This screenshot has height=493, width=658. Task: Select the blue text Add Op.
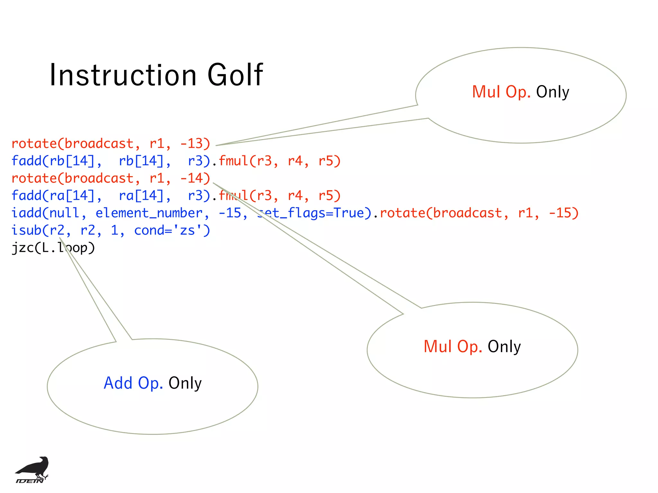(133, 383)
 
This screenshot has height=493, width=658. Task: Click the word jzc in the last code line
(22, 248)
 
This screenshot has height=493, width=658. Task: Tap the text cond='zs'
(172, 230)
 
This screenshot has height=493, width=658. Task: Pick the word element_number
(149, 213)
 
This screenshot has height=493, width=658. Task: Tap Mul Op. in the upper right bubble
(501, 92)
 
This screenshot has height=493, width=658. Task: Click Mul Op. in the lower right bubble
(452, 347)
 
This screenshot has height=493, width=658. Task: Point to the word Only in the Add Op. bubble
(185, 383)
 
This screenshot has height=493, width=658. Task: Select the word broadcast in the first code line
(99, 143)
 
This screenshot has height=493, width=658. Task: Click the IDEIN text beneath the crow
(30, 480)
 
